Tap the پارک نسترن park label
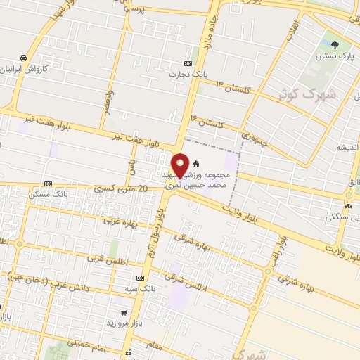(333, 54)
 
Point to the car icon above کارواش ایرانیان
(25, 58)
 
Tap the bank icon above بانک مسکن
(48, 184)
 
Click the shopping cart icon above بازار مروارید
(124, 312)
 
